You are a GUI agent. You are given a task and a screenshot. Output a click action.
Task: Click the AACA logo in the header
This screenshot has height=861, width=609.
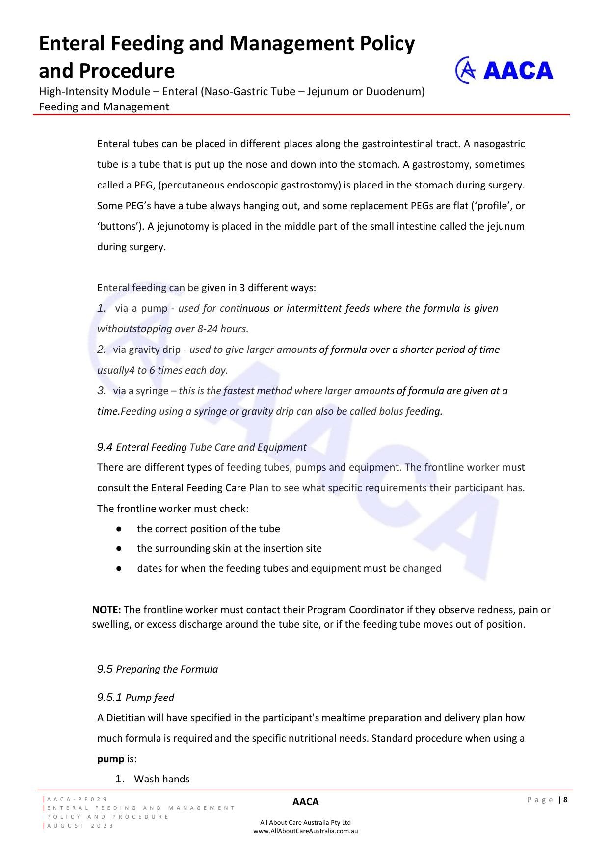click(x=504, y=70)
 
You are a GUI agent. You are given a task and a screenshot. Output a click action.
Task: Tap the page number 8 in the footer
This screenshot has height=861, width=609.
click(x=565, y=800)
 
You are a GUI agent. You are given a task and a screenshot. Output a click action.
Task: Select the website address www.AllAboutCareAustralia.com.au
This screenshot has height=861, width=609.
click(x=305, y=831)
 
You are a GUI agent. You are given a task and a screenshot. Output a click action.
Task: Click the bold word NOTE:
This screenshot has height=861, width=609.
click(x=106, y=610)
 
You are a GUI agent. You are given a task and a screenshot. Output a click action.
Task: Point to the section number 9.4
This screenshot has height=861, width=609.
click(x=105, y=447)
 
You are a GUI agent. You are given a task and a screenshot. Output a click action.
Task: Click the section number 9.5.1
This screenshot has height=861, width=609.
click(x=109, y=698)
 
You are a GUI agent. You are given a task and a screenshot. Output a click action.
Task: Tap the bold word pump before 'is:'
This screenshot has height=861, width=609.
click(x=110, y=759)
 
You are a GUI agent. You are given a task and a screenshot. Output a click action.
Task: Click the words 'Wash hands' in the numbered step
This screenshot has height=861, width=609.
click(x=162, y=779)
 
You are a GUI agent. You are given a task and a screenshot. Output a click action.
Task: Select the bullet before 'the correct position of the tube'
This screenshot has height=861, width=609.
click(x=119, y=529)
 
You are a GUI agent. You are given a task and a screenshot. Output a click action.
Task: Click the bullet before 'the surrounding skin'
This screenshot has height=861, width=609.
click(x=119, y=549)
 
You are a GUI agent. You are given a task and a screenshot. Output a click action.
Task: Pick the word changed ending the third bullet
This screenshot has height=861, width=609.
click(x=422, y=568)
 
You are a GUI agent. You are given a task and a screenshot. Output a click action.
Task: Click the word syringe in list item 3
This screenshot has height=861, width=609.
click(x=152, y=391)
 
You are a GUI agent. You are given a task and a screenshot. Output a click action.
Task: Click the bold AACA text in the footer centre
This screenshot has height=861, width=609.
click(x=305, y=802)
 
